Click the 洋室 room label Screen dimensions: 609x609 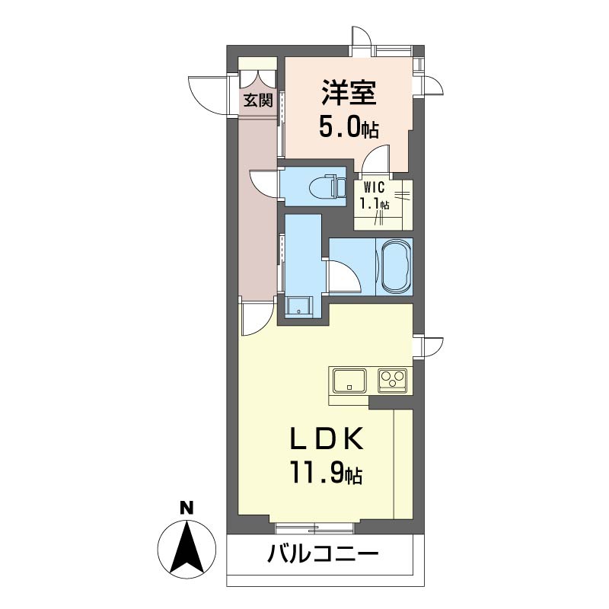349,93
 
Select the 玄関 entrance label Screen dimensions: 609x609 258,100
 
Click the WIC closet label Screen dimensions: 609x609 374,187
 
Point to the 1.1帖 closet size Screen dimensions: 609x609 375,203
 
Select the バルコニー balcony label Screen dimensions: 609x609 322,553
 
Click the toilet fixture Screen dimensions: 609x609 327,187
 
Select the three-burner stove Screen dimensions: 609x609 393,380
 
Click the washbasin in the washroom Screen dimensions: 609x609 298,307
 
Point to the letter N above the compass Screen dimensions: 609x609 187,508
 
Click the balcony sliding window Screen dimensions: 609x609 314,528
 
